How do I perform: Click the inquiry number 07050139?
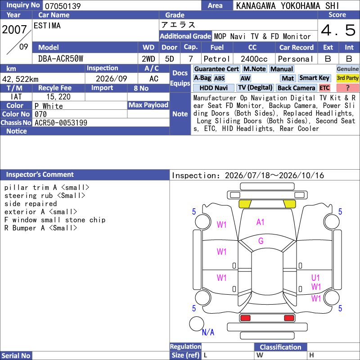(63, 6)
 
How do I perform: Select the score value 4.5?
(338, 30)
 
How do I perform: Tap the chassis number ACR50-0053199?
(61, 123)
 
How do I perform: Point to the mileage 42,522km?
(20, 79)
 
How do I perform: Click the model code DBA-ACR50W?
(61, 59)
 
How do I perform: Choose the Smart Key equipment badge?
(315, 78)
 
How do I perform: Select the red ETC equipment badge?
(324, 88)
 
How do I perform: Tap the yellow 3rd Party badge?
(347, 78)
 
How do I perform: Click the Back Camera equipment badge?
(297, 88)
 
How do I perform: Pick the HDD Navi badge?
(213, 88)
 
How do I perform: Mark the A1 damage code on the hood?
(261, 222)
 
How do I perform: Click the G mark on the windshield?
(261, 241)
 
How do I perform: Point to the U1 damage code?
(315, 278)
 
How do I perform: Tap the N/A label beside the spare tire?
(208, 332)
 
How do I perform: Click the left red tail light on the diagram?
(245, 318)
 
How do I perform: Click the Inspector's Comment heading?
(40, 175)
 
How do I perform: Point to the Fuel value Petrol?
(217, 59)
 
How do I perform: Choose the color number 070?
(40, 114)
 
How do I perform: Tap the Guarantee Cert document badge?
(216, 69)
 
